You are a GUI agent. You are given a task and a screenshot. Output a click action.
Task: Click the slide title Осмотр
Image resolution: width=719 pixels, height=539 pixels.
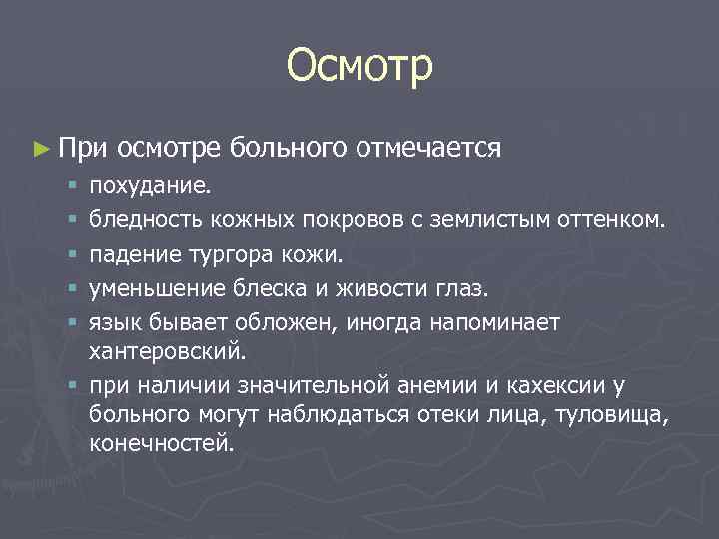359,67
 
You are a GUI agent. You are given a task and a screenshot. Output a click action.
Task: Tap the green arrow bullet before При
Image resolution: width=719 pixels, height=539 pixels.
40,150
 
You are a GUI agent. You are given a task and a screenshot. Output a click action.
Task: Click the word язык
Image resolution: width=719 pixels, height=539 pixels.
112,324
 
